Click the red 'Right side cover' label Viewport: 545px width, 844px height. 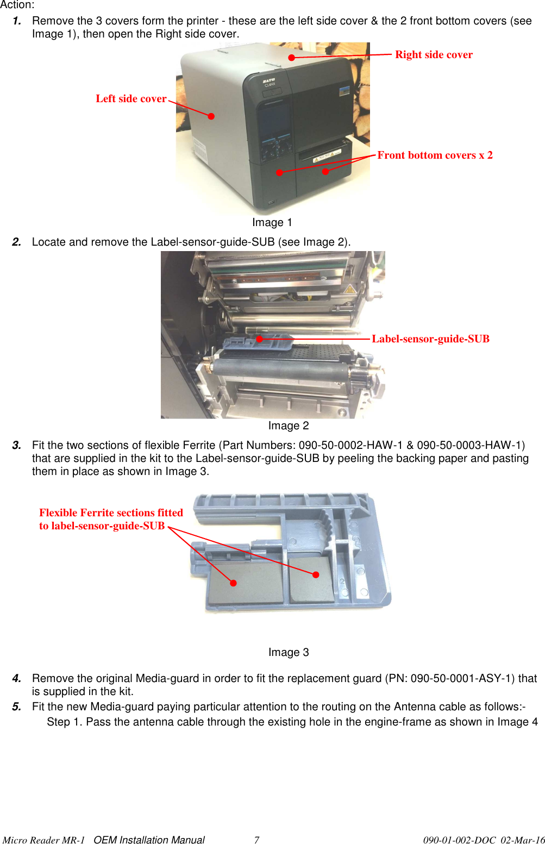click(434, 55)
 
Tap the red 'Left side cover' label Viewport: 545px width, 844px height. click(131, 99)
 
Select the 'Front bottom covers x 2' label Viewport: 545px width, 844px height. click(435, 155)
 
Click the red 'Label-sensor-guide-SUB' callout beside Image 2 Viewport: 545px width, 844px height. click(430, 339)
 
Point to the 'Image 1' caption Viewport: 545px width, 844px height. click(272, 223)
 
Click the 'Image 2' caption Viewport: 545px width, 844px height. click(288, 426)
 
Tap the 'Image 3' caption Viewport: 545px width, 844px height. click(288, 653)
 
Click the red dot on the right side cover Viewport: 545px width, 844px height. click(292, 57)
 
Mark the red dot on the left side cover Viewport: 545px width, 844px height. click(211, 116)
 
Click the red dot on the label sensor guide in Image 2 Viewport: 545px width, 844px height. click(260, 339)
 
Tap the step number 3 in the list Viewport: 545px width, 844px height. click(17, 446)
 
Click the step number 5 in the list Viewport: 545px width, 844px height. click(17, 707)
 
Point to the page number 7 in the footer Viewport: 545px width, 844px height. click(256, 840)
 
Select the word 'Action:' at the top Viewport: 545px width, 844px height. click(17, 5)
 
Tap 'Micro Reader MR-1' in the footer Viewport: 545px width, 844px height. click(43, 840)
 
